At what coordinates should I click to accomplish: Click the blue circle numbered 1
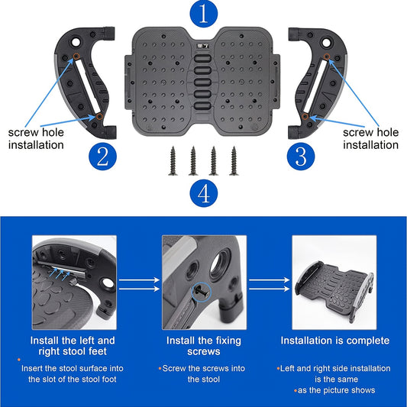[203, 14]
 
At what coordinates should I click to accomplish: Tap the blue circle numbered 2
[102, 157]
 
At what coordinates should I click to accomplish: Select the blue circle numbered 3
[301, 157]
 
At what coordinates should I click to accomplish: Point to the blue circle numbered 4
[203, 193]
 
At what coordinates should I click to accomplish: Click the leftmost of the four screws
[173, 161]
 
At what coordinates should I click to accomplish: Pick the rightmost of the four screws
[234, 161]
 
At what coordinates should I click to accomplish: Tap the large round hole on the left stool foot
[76, 41]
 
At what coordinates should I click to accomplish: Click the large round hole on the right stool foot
[326, 42]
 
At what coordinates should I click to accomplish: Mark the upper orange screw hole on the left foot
[76, 56]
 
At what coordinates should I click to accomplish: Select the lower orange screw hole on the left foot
[99, 116]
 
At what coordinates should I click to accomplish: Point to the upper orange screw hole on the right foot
[327, 57]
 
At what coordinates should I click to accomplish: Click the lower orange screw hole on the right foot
[305, 116]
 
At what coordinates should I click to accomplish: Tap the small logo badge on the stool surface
[202, 46]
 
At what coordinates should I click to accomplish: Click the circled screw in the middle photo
[202, 292]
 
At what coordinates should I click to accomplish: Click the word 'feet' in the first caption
[98, 351]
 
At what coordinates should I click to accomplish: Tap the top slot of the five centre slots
[202, 58]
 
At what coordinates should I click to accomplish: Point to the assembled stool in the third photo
[334, 291]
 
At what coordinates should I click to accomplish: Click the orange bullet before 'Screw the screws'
[160, 368]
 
